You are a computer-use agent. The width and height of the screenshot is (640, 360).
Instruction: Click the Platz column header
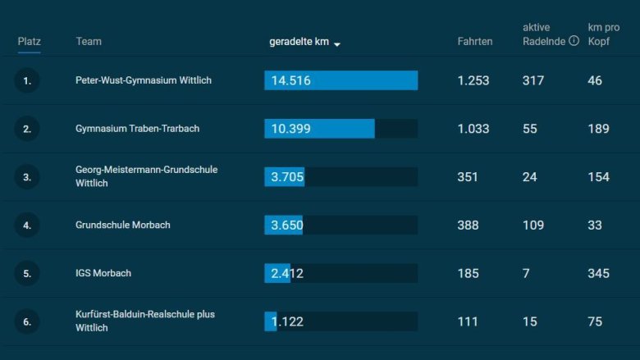[x=30, y=41]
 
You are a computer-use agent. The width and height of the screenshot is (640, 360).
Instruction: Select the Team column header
[x=89, y=41]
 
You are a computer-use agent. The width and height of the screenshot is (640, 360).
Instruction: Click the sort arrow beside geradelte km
[x=337, y=43]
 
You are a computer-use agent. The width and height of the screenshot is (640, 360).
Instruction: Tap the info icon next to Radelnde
[x=574, y=40]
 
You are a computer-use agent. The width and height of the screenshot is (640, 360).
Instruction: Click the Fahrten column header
[x=475, y=41]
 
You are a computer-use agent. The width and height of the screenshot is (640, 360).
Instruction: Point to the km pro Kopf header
[x=600, y=34]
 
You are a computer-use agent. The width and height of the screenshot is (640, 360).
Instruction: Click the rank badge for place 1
[x=27, y=80]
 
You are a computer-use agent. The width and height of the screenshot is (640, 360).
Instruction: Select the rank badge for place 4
[x=27, y=225]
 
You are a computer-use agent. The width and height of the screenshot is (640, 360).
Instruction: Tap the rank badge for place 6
[x=27, y=321]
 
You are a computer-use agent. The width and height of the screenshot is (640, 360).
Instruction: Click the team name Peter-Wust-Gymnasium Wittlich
[x=144, y=80]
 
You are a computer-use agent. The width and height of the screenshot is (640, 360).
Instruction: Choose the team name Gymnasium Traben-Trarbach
[x=137, y=129]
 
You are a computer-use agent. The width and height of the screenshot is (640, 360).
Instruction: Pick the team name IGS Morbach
[x=103, y=273]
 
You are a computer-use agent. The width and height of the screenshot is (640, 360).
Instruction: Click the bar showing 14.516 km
[x=341, y=80]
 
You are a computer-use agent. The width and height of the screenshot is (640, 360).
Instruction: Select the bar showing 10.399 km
[x=319, y=129]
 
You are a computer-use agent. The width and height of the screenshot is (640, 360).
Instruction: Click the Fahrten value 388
[x=468, y=225]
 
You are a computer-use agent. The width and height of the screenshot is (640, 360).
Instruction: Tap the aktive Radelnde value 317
[x=533, y=80]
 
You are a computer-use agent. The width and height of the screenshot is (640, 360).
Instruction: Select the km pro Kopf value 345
[x=599, y=273]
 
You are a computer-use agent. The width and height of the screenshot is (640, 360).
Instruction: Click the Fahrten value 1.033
[x=473, y=129]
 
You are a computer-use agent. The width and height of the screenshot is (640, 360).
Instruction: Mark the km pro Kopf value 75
[x=595, y=321]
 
